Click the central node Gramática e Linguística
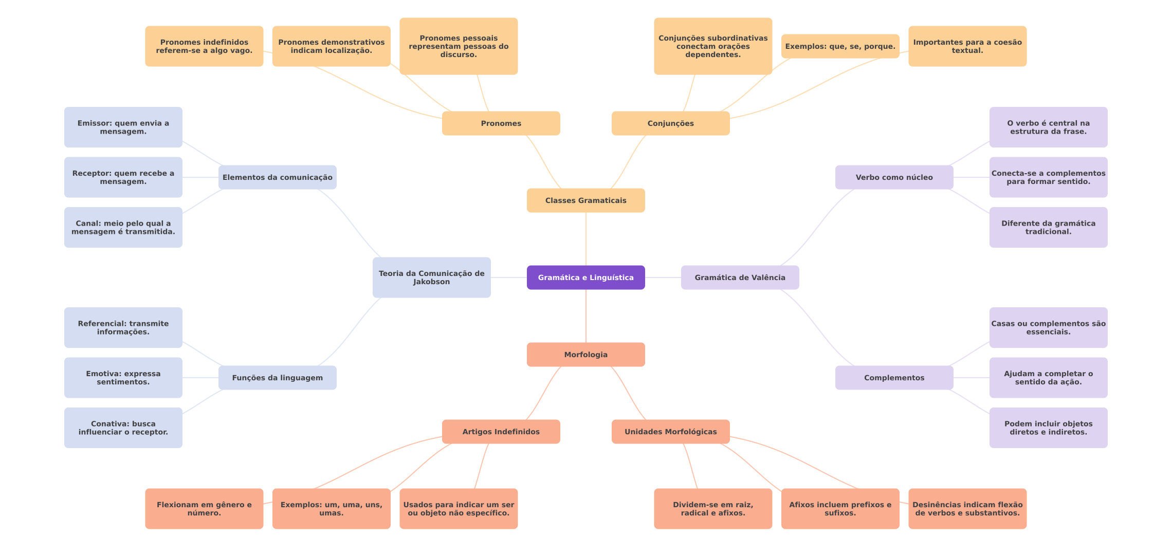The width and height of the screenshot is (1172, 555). (585, 277)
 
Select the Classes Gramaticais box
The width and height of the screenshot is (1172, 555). (585, 200)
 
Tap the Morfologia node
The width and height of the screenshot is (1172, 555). (585, 355)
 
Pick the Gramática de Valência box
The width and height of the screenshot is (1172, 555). (740, 277)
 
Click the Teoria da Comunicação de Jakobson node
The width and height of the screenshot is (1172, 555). (431, 277)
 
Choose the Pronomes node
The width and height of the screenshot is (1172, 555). (501, 123)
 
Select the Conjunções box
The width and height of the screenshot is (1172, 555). (670, 123)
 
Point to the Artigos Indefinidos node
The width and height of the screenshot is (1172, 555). (501, 432)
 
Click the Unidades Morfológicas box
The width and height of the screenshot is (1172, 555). (670, 432)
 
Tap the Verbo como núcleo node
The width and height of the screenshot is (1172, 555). (894, 177)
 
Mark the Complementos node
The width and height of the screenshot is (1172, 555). (894, 378)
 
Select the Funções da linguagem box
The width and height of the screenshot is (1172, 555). (277, 378)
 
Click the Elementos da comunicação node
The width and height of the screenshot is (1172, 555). (277, 177)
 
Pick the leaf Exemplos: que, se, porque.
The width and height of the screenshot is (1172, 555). (840, 46)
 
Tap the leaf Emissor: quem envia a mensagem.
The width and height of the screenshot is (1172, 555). (123, 127)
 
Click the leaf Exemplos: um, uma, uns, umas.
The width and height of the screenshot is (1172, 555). (331, 509)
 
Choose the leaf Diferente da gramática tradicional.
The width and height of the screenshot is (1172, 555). (1048, 227)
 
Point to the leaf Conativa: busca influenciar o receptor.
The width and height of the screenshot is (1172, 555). (123, 428)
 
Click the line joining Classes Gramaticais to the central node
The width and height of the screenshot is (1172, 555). (586, 239)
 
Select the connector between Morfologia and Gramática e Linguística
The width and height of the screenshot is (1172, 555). (586, 316)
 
